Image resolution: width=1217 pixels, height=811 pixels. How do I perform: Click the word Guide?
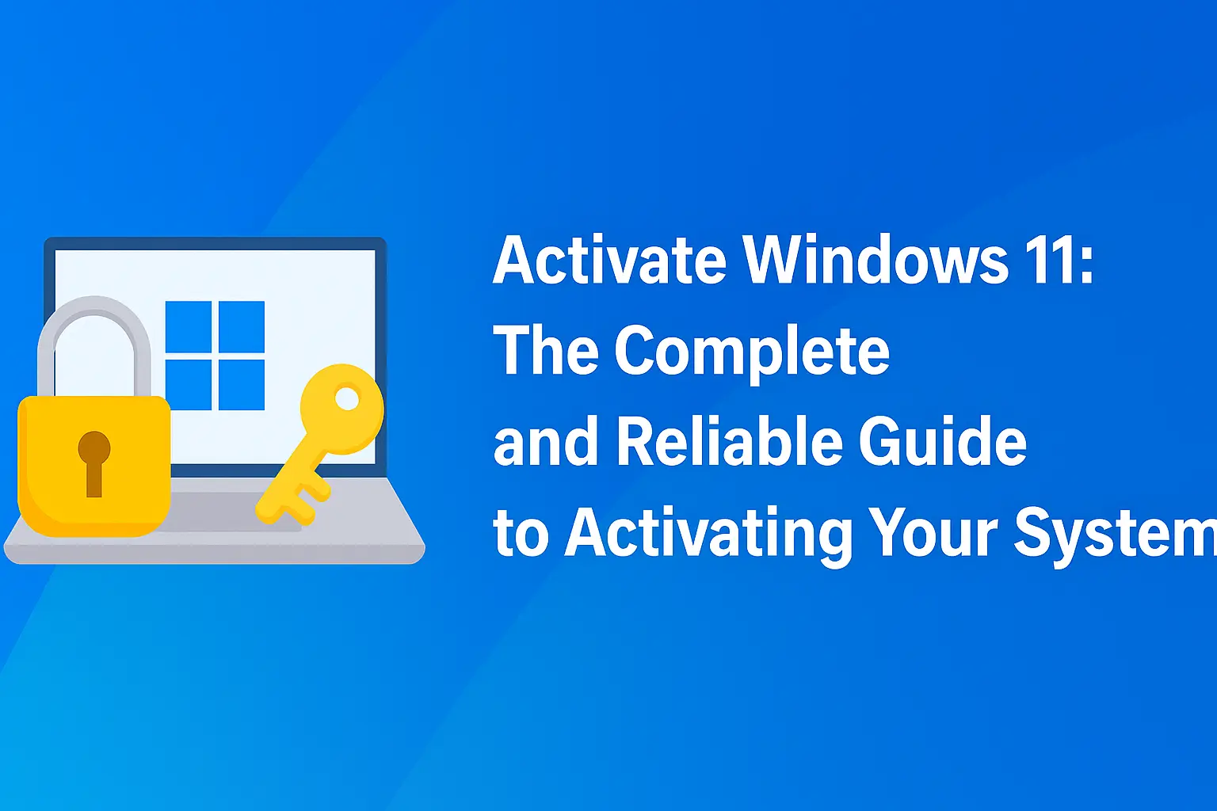coord(943,442)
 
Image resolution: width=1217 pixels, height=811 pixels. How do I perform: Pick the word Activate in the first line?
coord(609,261)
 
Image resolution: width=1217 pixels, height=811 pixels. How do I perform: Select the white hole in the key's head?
coord(347,398)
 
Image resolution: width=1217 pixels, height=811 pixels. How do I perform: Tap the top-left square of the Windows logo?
coord(189,326)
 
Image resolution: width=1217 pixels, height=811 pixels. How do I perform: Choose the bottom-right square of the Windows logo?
coord(241,385)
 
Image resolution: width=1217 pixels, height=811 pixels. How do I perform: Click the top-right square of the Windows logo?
coord(241,326)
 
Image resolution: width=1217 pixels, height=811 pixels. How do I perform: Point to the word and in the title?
coord(546,442)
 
